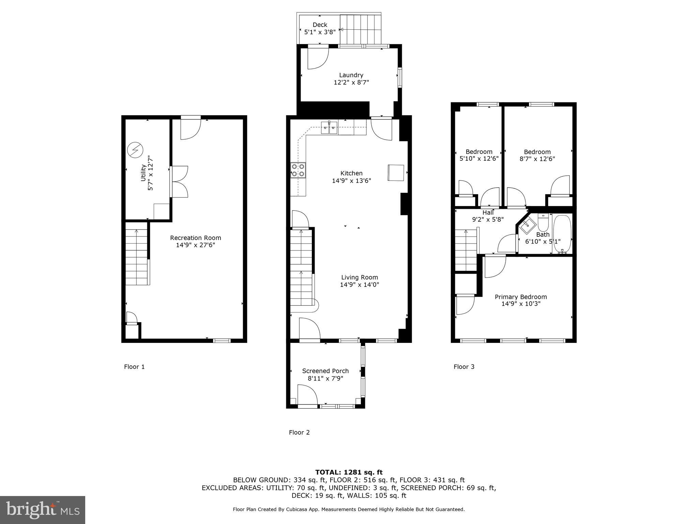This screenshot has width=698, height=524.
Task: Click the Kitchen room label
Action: click(351, 173)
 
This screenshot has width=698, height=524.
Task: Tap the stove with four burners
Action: click(298, 170)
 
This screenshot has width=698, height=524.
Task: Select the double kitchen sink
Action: click(330, 129)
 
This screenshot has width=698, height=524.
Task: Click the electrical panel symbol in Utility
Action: click(135, 150)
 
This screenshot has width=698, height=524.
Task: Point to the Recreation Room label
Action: click(196, 238)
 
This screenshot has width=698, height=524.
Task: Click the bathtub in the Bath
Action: click(562, 234)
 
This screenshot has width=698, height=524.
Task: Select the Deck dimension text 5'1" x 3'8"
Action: click(320, 32)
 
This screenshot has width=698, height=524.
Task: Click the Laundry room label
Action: click(351, 75)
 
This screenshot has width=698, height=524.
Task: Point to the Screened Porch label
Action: click(325, 371)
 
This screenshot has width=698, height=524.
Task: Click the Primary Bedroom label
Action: click(520, 297)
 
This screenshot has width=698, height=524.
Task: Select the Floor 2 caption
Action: click(299, 433)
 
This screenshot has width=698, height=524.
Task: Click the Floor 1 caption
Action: click(134, 367)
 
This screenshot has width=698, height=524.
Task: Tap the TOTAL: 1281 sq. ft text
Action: click(349, 472)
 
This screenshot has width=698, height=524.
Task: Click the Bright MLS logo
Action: click(43, 510)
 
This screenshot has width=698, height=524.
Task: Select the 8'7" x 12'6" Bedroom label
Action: click(537, 155)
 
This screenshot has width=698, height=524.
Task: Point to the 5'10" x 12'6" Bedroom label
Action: click(479, 155)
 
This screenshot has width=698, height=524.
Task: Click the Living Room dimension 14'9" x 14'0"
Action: click(359, 285)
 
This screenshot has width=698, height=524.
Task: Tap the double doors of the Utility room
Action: click(179, 181)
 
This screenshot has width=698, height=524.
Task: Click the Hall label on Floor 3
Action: click(488, 213)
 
